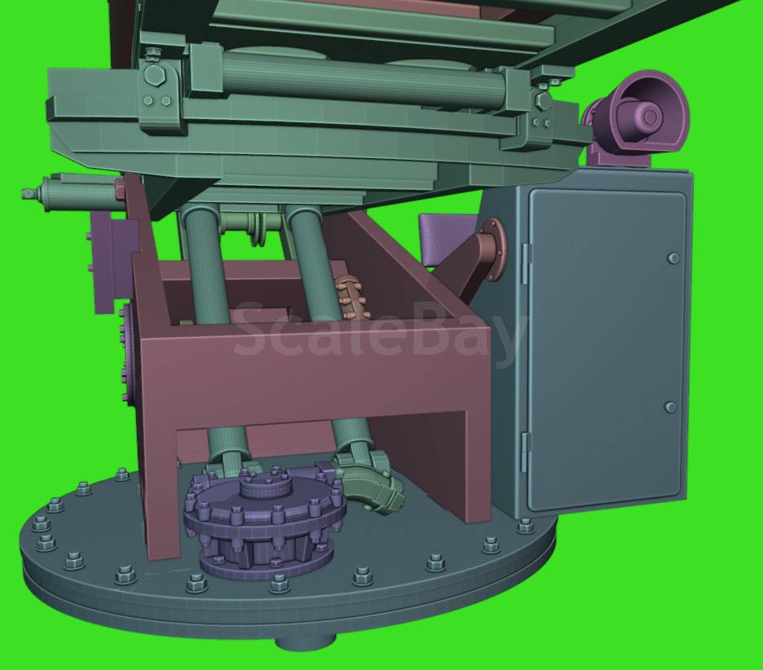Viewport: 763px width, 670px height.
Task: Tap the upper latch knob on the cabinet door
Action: point(673,258)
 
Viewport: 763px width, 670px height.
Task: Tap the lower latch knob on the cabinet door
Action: point(670,407)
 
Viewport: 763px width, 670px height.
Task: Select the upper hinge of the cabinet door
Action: point(525,262)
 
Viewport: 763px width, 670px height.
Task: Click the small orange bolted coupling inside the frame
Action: point(351,297)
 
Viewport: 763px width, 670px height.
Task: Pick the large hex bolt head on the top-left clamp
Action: point(154,76)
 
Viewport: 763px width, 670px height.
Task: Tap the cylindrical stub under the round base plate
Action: point(306,641)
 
